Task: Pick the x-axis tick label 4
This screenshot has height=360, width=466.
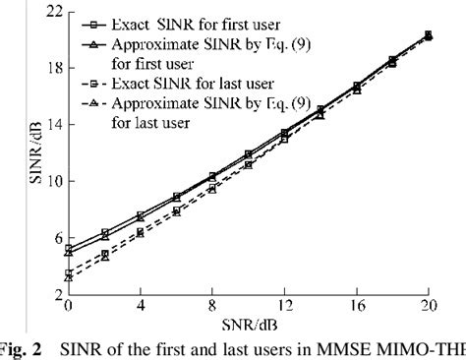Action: (x=141, y=306)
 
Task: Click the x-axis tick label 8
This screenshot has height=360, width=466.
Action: (x=212, y=306)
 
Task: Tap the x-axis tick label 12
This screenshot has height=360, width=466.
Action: (x=284, y=306)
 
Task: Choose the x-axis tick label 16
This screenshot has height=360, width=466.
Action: (x=356, y=306)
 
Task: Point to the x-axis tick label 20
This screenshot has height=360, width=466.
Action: (x=428, y=306)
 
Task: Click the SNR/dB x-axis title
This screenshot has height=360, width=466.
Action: (x=248, y=322)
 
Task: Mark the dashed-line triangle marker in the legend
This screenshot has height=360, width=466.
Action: (x=92, y=104)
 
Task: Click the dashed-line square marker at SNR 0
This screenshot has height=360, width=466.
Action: (x=69, y=273)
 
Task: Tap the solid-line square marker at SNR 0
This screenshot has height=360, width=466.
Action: (x=69, y=248)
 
